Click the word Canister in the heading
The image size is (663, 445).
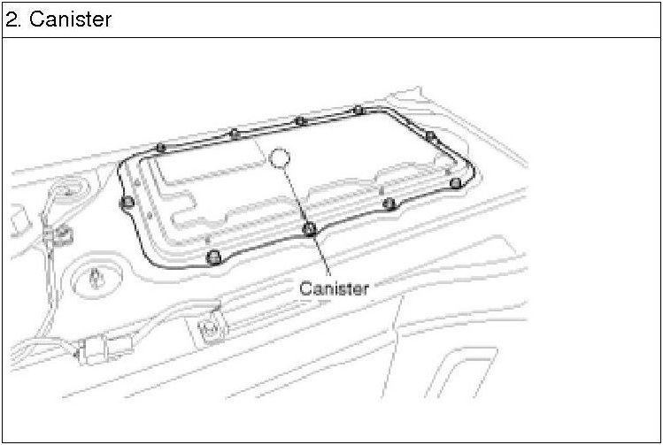[71, 19]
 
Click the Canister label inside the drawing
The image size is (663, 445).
[334, 288]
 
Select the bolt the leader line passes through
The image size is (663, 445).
[309, 229]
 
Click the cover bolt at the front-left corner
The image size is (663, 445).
[212, 257]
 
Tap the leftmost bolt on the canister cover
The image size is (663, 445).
[127, 203]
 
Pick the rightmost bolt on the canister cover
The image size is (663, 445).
[455, 183]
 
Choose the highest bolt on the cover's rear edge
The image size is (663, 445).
[358, 110]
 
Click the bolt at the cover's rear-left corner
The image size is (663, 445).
[160, 147]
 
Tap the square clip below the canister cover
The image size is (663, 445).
[211, 329]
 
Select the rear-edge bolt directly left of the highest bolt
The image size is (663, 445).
[300, 120]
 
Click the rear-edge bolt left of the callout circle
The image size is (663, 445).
[235, 134]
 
